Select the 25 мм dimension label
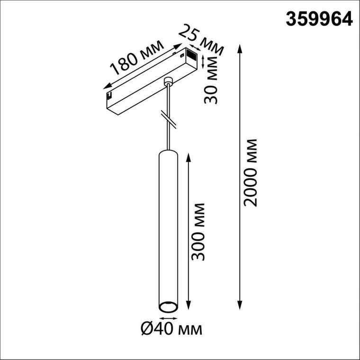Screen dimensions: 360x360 (199, 39)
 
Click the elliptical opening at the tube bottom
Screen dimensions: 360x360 (167, 307)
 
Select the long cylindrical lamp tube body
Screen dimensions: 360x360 (167, 227)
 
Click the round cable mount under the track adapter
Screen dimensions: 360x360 (167, 82)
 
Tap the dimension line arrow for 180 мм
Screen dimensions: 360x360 (142, 66)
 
